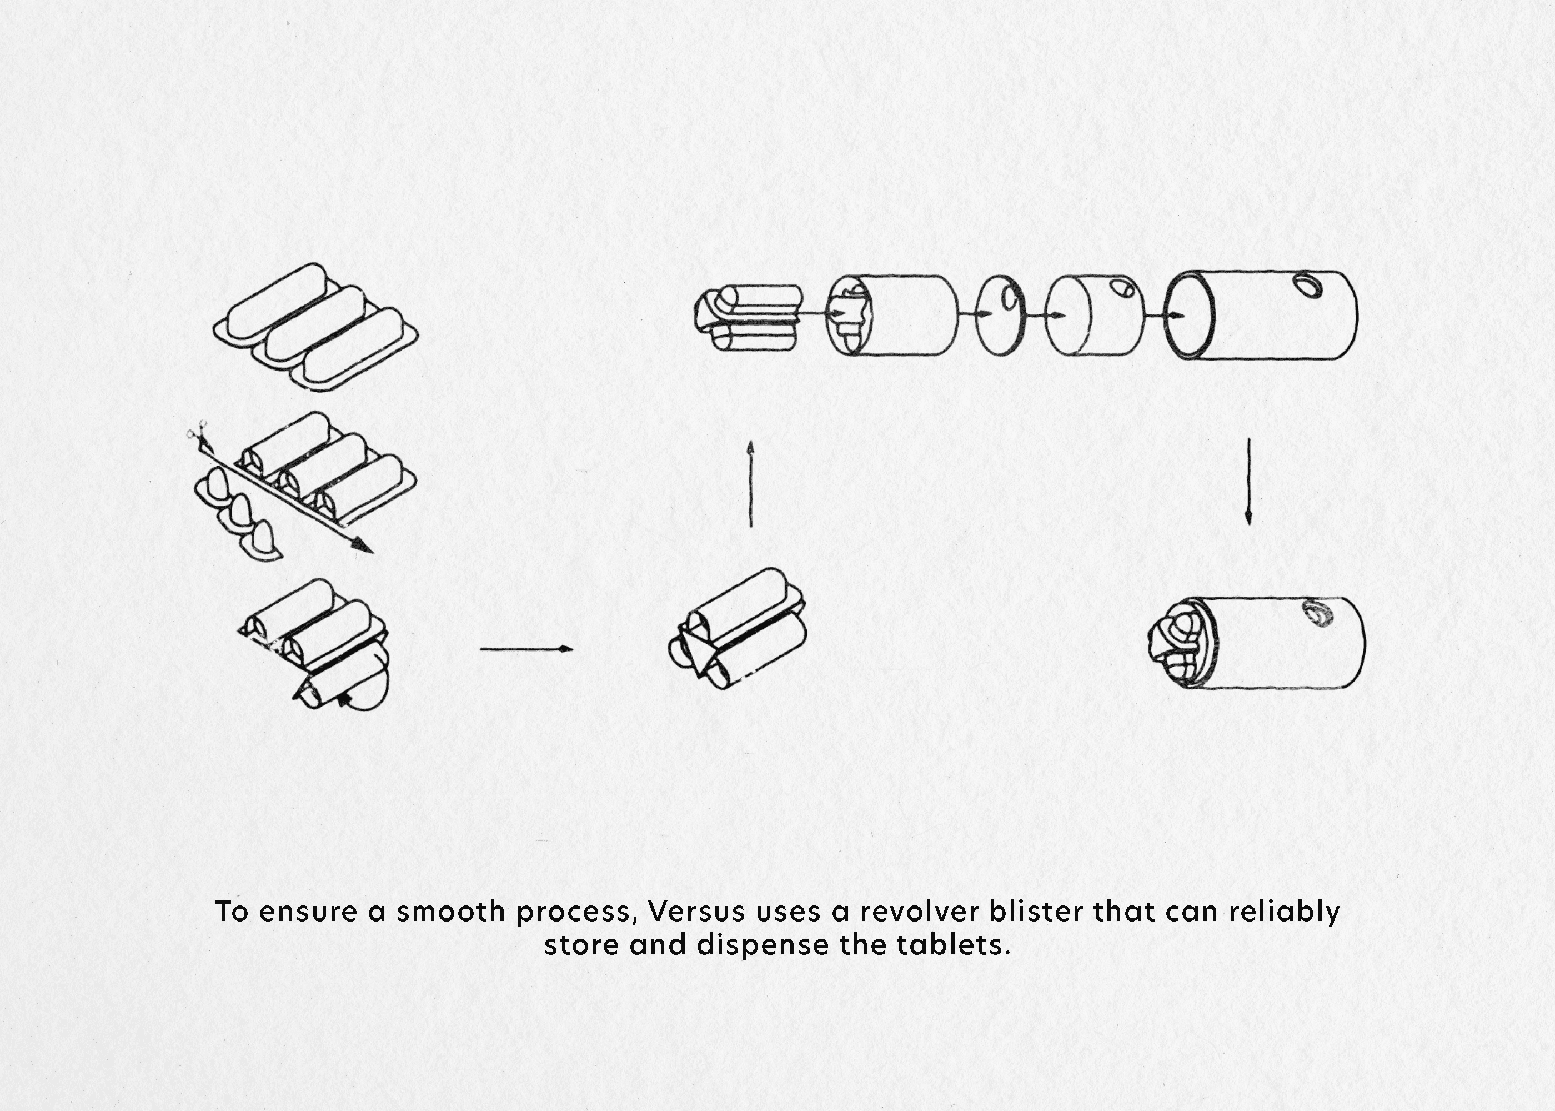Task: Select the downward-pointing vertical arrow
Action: pyautogui.click(x=1248, y=482)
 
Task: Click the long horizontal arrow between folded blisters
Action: pyautogui.click(x=526, y=648)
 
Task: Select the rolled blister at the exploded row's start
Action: pyautogui.click(x=748, y=317)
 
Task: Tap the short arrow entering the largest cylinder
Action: pyautogui.click(x=1164, y=316)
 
